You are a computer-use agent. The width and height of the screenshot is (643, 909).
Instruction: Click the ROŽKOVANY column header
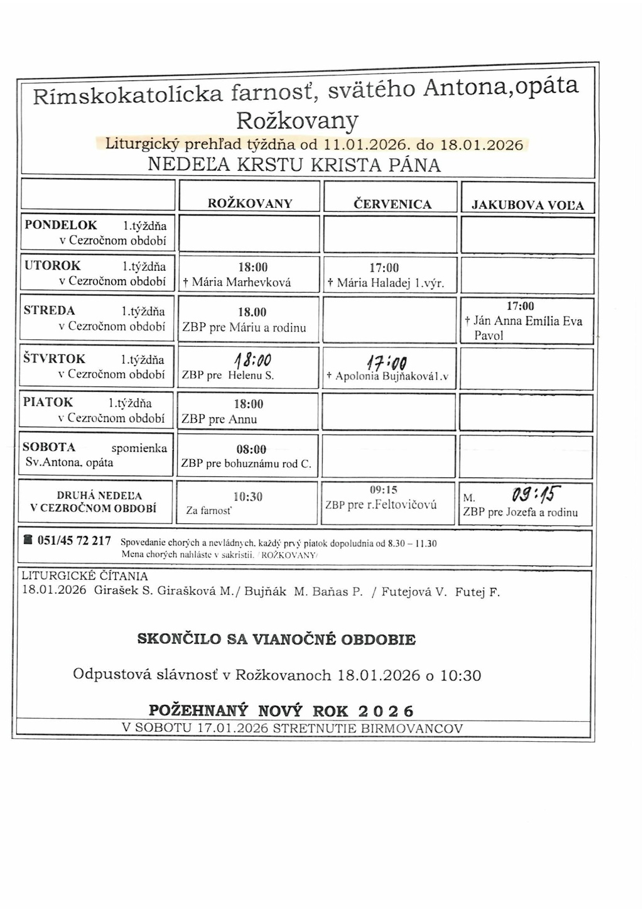point(250,204)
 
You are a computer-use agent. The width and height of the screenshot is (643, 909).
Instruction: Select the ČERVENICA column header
point(392,204)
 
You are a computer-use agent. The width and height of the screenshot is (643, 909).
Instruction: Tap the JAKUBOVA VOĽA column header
point(527,205)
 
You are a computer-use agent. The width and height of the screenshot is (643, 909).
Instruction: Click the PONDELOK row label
point(61,225)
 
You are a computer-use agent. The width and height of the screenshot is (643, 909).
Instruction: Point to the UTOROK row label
point(53,266)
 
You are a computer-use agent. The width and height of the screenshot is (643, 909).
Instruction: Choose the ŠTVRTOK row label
point(55,359)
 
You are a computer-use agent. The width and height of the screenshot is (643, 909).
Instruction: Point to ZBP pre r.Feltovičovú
point(381,504)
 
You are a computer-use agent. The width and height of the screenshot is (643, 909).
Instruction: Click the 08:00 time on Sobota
point(251,449)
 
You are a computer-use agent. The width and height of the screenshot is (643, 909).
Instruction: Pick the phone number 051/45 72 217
point(74,541)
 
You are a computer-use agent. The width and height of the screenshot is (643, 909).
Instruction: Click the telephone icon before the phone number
point(28,540)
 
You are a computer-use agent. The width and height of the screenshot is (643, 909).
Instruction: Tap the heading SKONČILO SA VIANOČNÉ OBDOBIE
point(276,640)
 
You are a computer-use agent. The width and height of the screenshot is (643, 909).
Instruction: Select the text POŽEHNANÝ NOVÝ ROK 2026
point(281,710)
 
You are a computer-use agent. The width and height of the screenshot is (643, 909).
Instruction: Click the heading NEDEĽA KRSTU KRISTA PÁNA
point(294,165)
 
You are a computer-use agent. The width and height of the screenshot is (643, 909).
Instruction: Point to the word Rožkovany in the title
point(297,119)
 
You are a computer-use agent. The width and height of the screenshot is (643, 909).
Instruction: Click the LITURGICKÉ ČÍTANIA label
point(85,576)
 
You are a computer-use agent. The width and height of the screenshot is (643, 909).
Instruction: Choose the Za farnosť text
point(208,511)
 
